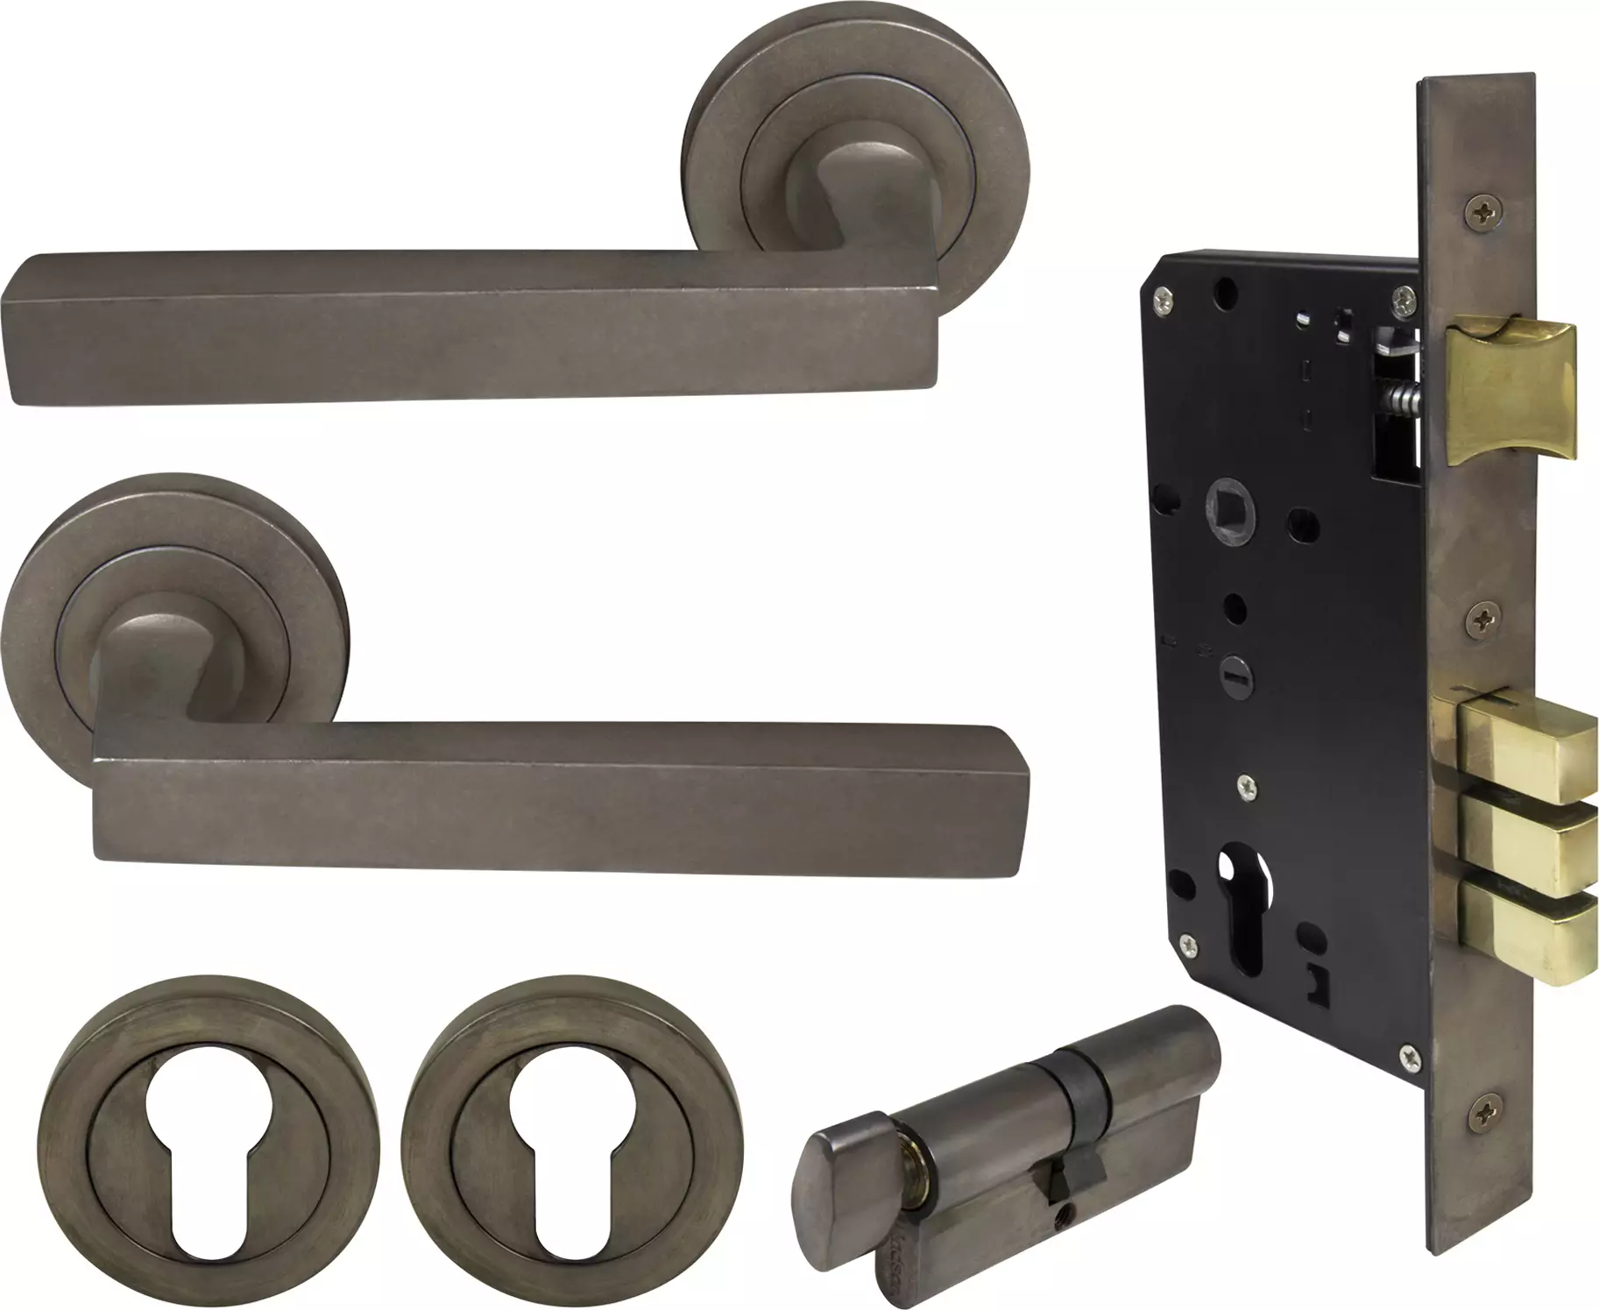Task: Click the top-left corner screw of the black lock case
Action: coord(1162,296)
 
